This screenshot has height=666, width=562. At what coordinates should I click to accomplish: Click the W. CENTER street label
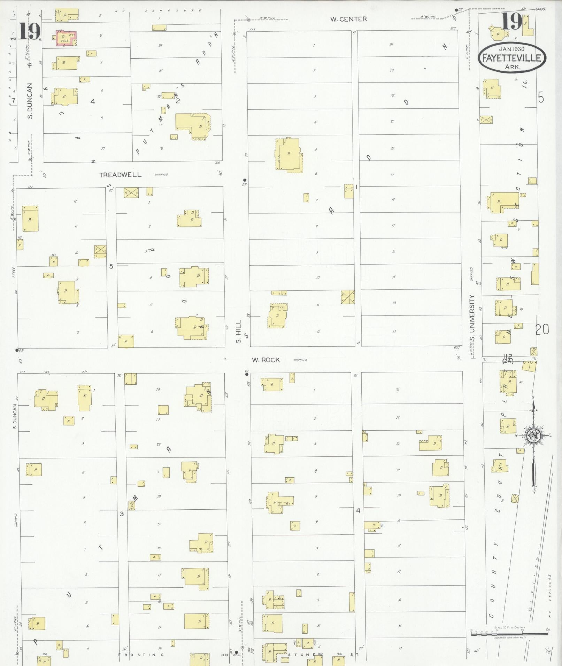348,19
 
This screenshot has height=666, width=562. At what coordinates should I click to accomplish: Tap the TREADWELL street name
121,175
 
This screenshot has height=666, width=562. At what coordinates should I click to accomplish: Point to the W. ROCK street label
266,360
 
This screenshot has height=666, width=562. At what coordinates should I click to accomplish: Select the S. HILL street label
239,336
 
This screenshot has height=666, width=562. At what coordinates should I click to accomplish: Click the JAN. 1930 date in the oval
511,49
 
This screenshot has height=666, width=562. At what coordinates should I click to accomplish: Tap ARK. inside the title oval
512,67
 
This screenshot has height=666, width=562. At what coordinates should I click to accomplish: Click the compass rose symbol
533,435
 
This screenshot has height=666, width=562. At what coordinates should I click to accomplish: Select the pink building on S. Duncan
66,38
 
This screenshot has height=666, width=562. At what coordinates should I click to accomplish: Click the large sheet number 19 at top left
29,31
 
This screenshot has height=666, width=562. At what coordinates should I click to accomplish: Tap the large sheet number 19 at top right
512,22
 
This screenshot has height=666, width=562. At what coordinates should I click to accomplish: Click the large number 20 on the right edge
542,329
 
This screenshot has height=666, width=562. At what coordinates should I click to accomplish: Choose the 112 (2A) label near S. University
507,358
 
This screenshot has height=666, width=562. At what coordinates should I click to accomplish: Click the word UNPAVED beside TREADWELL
161,175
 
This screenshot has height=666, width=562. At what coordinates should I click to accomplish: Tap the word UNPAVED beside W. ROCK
300,360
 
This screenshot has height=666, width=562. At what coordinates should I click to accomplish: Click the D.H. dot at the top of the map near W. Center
456,10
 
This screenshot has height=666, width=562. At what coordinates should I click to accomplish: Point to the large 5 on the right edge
540,99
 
